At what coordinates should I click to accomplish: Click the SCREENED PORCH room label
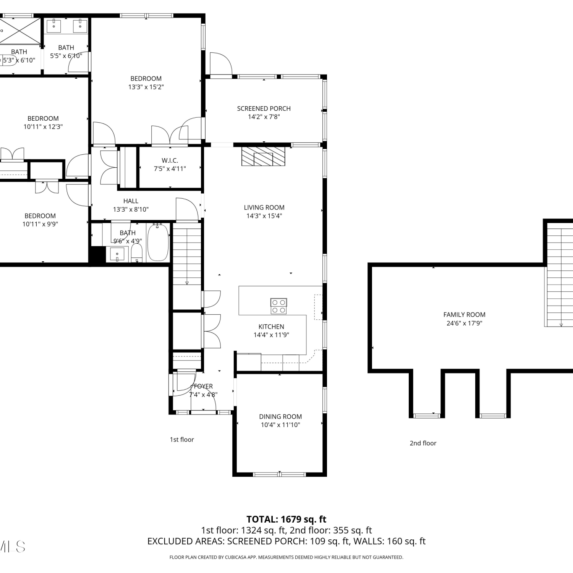click(264, 108)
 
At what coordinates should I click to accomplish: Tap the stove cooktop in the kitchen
click(278, 306)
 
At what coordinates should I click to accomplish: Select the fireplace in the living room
click(263, 156)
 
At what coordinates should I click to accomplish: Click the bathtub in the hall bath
click(158, 242)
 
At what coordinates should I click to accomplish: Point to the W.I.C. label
click(170, 160)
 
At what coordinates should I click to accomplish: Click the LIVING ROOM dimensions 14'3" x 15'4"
click(264, 216)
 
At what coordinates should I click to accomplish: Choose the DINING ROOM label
click(280, 416)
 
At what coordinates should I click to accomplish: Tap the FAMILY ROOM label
click(464, 315)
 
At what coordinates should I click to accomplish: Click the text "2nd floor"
click(423, 443)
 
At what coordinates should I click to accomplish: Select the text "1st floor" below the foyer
click(182, 440)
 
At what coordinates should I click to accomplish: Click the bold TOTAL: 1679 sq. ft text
click(286, 519)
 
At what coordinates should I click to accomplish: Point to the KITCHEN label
click(271, 327)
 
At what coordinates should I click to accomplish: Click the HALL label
click(131, 201)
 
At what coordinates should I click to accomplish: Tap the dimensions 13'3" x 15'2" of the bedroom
click(146, 87)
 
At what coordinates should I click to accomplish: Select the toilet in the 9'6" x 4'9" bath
click(137, 253)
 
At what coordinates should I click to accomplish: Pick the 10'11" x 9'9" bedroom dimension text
click(40, 224)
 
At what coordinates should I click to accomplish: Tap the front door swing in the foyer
click(185, 382)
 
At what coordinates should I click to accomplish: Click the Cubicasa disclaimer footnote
click(286, 557)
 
